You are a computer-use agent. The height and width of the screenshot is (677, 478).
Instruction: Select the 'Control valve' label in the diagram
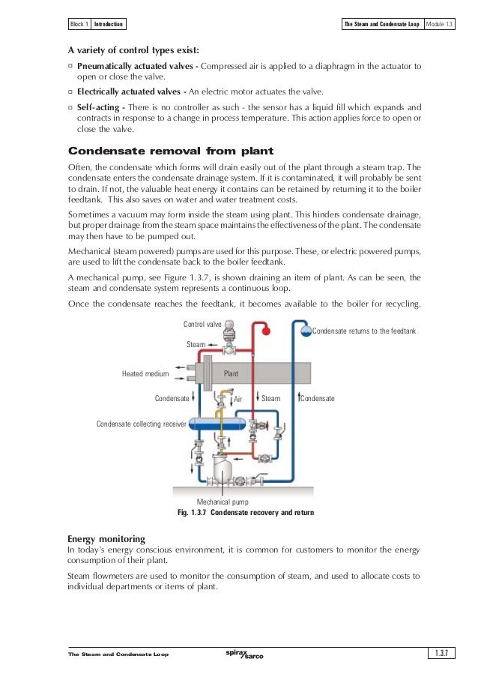(x=202, y=324)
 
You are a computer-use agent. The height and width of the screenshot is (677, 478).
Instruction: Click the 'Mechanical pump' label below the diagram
(x=222, y=502)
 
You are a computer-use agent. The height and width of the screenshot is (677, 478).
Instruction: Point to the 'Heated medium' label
(x=145, y=373)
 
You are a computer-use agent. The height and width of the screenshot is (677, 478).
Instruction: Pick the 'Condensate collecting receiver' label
(x=141, y=424)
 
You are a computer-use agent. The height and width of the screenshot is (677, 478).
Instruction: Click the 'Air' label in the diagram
(x=239, y=400)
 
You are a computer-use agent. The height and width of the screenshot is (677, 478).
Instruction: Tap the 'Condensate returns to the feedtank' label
(x=363, y=331)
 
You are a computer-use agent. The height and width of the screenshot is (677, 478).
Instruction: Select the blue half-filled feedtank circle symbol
(x=305, y=331)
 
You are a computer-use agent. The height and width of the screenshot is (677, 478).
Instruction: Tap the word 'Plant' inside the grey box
(x=232, y=373)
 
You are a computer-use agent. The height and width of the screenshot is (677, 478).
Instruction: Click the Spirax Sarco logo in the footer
(x=243, y=654)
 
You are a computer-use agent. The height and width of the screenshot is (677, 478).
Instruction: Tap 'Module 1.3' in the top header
(x=444, y=24)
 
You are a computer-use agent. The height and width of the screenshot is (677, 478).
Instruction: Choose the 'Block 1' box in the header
(x=79, y=24)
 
